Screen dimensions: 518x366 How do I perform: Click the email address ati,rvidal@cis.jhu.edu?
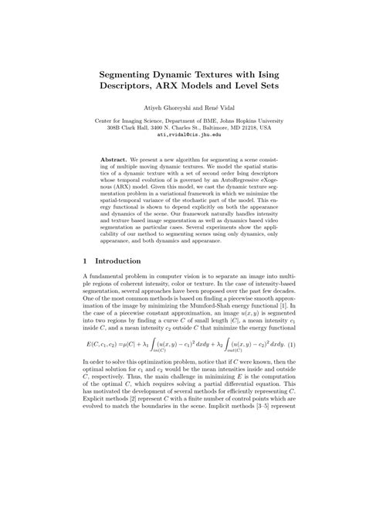pyautogui.click(x=183, y=135)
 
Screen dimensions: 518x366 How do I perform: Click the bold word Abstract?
pyautogui.click(x=115, y=158)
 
